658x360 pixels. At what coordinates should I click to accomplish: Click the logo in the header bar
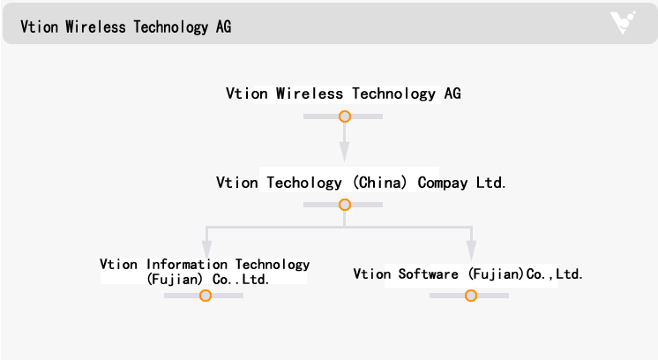pos(623,23)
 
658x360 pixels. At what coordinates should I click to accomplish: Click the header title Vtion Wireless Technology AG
pos(126,26)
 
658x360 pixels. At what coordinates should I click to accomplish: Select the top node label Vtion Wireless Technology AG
pos(343,94)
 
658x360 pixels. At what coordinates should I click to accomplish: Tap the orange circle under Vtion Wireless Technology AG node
pos(345,116)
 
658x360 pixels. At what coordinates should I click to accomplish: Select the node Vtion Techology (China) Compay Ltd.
pos(361,183)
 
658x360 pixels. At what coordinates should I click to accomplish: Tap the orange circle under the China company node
pos(345,205)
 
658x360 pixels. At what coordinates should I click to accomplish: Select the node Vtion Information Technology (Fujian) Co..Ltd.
pos(205,272)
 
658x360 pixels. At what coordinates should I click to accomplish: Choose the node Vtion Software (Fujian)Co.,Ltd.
pos(468,274)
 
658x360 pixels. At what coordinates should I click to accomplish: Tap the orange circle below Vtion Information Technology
pos(206,296)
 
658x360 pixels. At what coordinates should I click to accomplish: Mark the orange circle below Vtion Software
pos(471,296)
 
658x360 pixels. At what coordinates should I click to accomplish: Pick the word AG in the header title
pos(223,26)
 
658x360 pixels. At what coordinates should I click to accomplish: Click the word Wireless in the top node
pos(309,94)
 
